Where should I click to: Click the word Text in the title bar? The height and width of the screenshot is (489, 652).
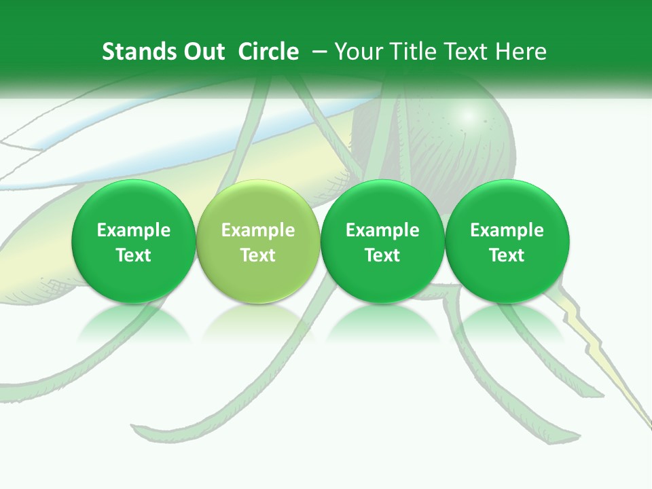pos(463,52)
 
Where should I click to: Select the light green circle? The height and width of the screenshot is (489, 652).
pos(258,241)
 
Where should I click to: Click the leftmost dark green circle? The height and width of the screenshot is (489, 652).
pos(134,241)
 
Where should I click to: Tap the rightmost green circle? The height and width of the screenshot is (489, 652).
pos(507,241)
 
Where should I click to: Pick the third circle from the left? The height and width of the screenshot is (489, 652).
pos(382,241)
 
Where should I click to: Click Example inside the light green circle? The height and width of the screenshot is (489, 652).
pos(258,230)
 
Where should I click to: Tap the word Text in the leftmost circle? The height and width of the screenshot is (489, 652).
pos(134,255)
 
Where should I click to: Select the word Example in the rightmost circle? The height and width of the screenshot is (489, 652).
pos(507,230)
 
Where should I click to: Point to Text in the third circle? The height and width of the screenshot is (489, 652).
pos(382,255)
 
